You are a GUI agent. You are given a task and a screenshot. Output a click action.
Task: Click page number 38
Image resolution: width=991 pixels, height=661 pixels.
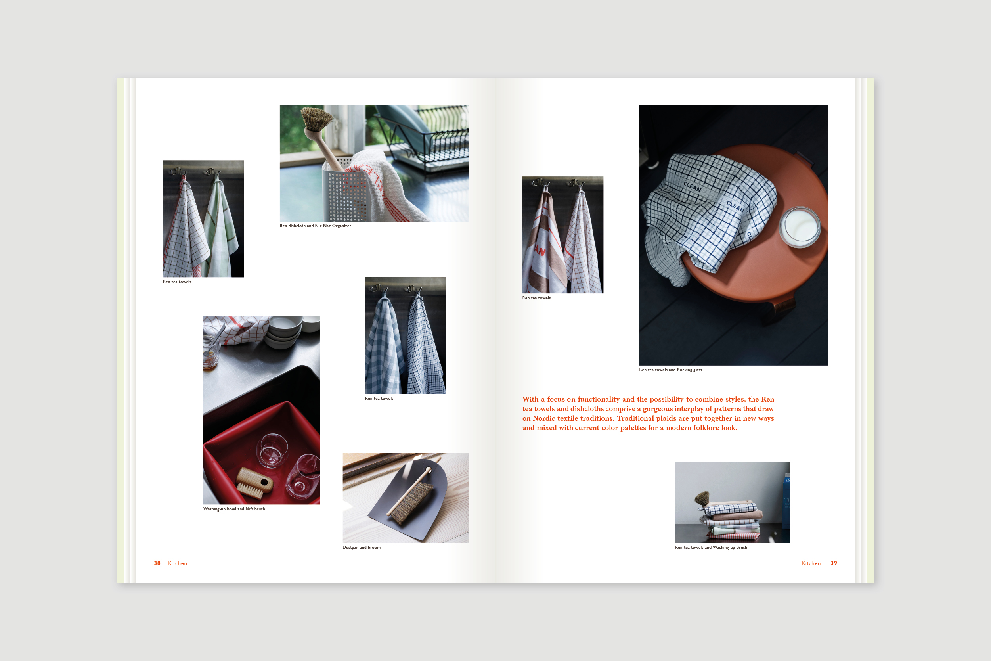click(x=157, y=563)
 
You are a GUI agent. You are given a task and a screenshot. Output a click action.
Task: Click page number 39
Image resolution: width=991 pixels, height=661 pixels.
click(x=833, y=563)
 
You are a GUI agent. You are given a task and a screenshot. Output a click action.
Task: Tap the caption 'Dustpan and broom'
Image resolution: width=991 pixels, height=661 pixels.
click(x=362, y=548)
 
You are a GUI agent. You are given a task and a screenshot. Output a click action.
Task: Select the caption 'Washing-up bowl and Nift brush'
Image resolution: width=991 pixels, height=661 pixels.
click(x=234, y=509)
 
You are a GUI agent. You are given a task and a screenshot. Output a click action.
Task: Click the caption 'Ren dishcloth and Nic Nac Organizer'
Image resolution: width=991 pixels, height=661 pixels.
click(x=315, y=226)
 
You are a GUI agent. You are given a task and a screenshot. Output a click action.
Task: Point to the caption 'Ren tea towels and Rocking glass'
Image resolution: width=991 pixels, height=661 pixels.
click(x=670, y=370)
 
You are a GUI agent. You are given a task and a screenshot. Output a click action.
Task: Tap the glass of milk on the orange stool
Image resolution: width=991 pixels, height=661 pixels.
click(x=800, y=228)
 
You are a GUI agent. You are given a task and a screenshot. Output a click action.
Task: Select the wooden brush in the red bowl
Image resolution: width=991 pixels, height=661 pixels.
click(x=254, y=483)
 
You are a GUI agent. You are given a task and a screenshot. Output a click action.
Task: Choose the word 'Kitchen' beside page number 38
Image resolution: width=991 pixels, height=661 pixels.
click(x=177, y=563)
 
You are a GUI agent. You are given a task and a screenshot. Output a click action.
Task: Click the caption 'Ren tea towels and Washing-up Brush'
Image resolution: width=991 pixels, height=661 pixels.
click(x=711, y=548)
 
